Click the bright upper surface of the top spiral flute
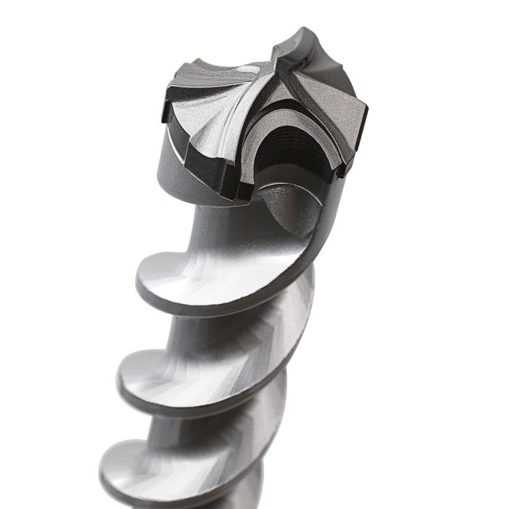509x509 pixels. click(218, 273)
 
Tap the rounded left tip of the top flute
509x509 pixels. click(140, 280)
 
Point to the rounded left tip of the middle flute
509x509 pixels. click(121, 378)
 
